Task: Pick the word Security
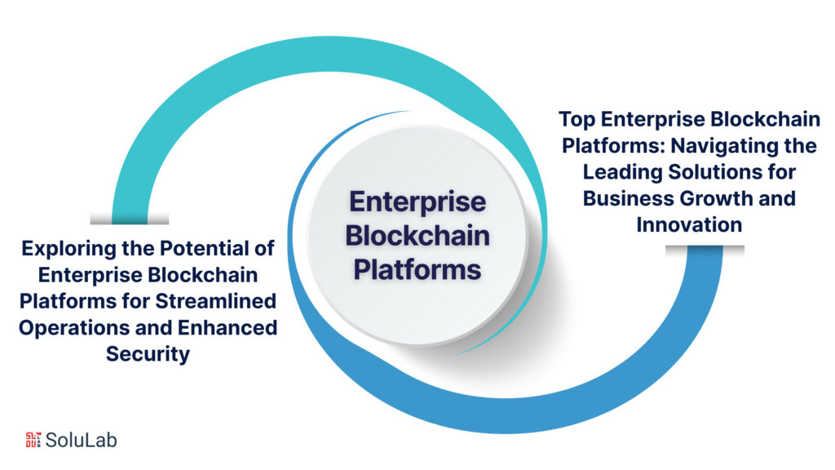click(x=148, y=353)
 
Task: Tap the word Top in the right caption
click(x=577, y=120)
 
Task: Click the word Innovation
click(x=689, y=224)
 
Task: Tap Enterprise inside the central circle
click(x=417, y=202)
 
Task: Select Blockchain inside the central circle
click(x=417, y=235)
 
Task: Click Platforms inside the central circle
click(x=417, y=268)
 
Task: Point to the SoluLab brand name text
click(x=82, y=440)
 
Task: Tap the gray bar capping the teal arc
click(x=129, y=219)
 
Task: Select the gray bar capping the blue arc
click(x=705, y=249)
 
